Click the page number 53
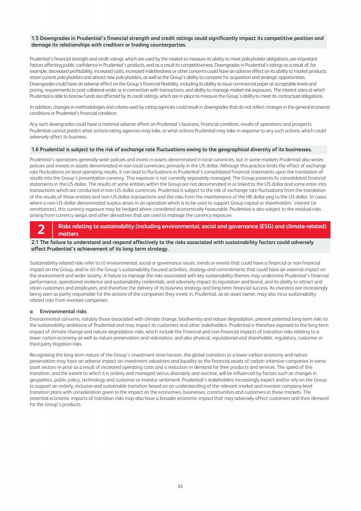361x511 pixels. click(x=180, y=486)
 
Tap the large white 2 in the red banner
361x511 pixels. click(x=41, y=230)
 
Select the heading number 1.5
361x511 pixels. click(x=35, y=38)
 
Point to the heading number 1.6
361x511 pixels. click(x=35, y=149)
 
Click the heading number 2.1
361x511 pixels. click(x=35, y=242)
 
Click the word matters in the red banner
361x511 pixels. click(x=68, y=234)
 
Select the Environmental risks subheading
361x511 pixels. click(x=63, y=311)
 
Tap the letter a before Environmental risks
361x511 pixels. click(x=31, y=312)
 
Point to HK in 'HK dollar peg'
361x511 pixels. click(x=249, y=197)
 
